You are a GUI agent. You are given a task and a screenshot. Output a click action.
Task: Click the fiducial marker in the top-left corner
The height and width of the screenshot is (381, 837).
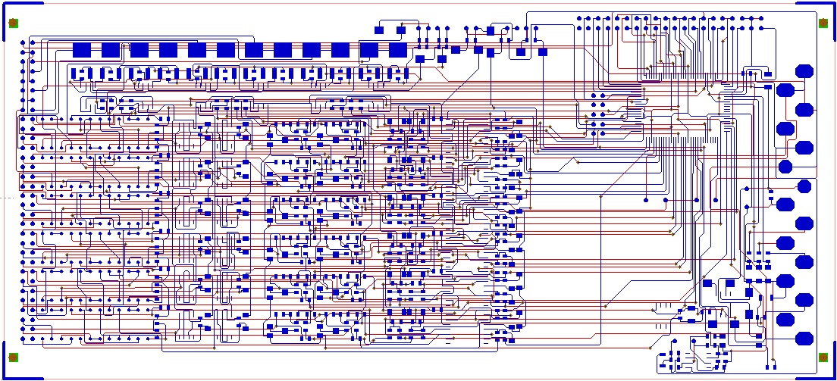[13, 23]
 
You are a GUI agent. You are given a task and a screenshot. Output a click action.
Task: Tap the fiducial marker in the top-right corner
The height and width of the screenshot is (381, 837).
[823, 23]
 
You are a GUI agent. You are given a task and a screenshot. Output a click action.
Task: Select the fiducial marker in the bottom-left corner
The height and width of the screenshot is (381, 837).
[13, 358]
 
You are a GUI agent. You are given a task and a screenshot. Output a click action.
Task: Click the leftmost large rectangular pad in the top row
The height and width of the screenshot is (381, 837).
[82, 50]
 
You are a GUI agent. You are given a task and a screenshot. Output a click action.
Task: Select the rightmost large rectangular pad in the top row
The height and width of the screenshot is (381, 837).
[398, 50]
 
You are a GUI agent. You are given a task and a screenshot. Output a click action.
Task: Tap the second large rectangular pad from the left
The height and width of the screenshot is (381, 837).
[111, 50]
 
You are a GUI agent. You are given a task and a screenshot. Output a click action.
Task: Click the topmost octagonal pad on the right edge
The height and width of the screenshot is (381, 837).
[804, 71]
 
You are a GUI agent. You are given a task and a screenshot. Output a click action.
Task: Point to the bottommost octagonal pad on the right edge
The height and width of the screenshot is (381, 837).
[804, 338]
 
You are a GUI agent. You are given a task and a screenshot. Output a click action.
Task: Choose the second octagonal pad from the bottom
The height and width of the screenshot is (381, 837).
[785, 319]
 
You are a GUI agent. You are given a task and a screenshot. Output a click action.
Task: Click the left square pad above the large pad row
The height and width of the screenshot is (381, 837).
[379, 30]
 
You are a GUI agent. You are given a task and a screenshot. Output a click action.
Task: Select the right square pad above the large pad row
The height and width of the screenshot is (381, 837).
[401, 30]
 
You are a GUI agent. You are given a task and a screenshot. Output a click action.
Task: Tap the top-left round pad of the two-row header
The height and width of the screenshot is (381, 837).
[579, 17]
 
